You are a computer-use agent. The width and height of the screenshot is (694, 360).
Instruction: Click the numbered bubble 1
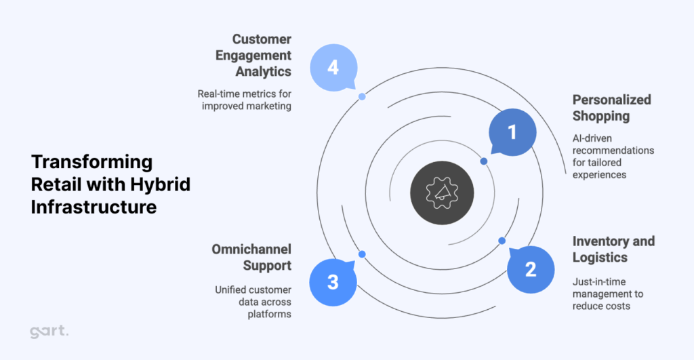(512, 132)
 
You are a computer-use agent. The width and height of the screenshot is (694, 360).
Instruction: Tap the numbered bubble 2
(530, 269)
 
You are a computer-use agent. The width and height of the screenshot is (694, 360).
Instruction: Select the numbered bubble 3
(333, 281)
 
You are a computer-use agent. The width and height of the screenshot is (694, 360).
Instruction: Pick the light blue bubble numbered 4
(332, 68)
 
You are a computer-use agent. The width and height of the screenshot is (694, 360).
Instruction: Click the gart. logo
(49, 332)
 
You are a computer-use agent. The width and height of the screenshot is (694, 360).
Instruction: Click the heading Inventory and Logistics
(613, 249)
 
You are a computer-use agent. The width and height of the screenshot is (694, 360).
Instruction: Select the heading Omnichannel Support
(252, 257)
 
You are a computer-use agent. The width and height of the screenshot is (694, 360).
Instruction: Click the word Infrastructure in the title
(94, 206)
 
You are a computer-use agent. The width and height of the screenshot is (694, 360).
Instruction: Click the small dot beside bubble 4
(362, 97)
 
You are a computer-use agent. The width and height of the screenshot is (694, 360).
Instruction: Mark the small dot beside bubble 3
(362, 254)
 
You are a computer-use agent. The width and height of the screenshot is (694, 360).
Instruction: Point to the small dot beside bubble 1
(483, 161)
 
